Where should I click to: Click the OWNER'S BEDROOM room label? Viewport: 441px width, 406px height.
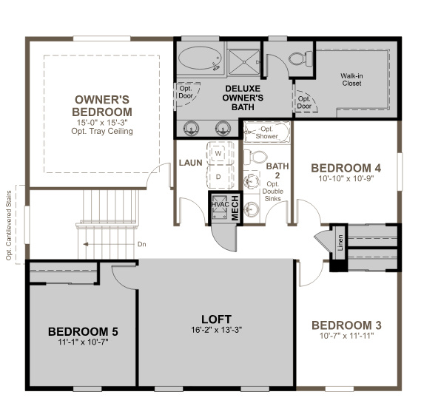coord(103,105)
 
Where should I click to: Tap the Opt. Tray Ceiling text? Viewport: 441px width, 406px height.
coord(103,132)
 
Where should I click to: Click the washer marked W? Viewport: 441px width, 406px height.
coord(219,153)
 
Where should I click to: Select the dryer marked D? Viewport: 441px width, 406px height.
coord(219,176)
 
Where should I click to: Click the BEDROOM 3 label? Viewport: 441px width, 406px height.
coord(346,325)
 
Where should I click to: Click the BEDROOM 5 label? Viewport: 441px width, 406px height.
coord(82,331)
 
